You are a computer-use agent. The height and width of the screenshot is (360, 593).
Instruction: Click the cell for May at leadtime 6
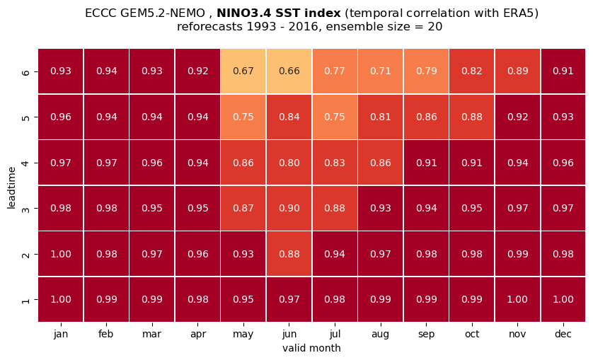click(243, 71)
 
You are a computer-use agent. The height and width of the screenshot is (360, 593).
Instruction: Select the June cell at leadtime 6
click(289, 71)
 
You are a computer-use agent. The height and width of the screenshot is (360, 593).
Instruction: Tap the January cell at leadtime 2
click(61, 254)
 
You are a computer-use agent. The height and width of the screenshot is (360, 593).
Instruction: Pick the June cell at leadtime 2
click(289, 254)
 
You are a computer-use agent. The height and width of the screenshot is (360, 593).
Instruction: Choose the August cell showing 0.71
click(381, 71)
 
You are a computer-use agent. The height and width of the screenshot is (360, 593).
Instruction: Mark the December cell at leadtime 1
click(563, 299)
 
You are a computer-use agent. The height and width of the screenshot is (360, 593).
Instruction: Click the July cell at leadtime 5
click(335, 117)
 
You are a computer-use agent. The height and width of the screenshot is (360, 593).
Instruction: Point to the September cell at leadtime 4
click(426, 163)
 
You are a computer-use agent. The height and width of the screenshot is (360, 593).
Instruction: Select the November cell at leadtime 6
click(517, 71)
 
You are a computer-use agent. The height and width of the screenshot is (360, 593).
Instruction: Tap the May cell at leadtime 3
click(243, 208)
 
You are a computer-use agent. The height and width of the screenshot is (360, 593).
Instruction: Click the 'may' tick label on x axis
click(243, 335)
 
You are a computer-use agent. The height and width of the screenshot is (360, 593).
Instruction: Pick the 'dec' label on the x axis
click(563, 334)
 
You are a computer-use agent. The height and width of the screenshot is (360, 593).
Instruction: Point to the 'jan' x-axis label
click(61, 335)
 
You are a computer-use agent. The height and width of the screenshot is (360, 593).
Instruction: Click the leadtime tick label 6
click(25, 71)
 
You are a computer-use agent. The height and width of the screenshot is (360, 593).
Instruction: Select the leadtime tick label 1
click(25, 300)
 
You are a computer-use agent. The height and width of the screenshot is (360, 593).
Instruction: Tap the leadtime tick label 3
click(25, 209)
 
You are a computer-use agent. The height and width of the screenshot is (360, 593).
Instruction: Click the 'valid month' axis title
click(311, 348)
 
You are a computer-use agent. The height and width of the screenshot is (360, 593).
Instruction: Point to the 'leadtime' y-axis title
click(11, 187)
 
